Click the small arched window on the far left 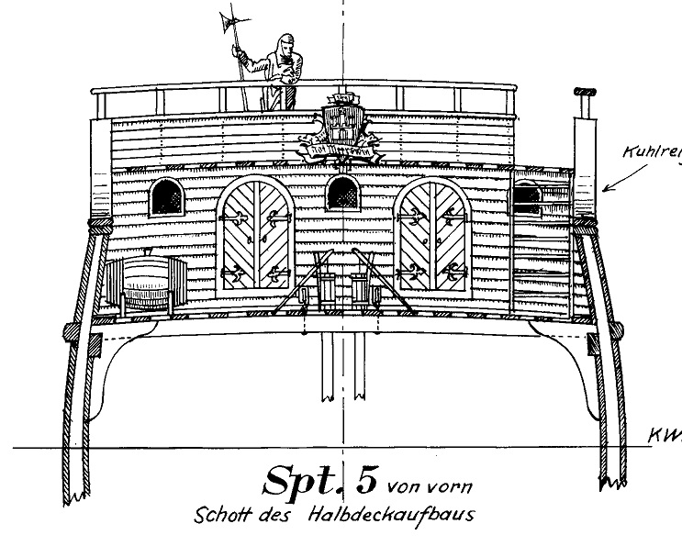166,195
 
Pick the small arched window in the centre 342,193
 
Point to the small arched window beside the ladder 526,195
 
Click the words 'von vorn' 430,484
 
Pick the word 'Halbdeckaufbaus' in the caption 404,514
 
